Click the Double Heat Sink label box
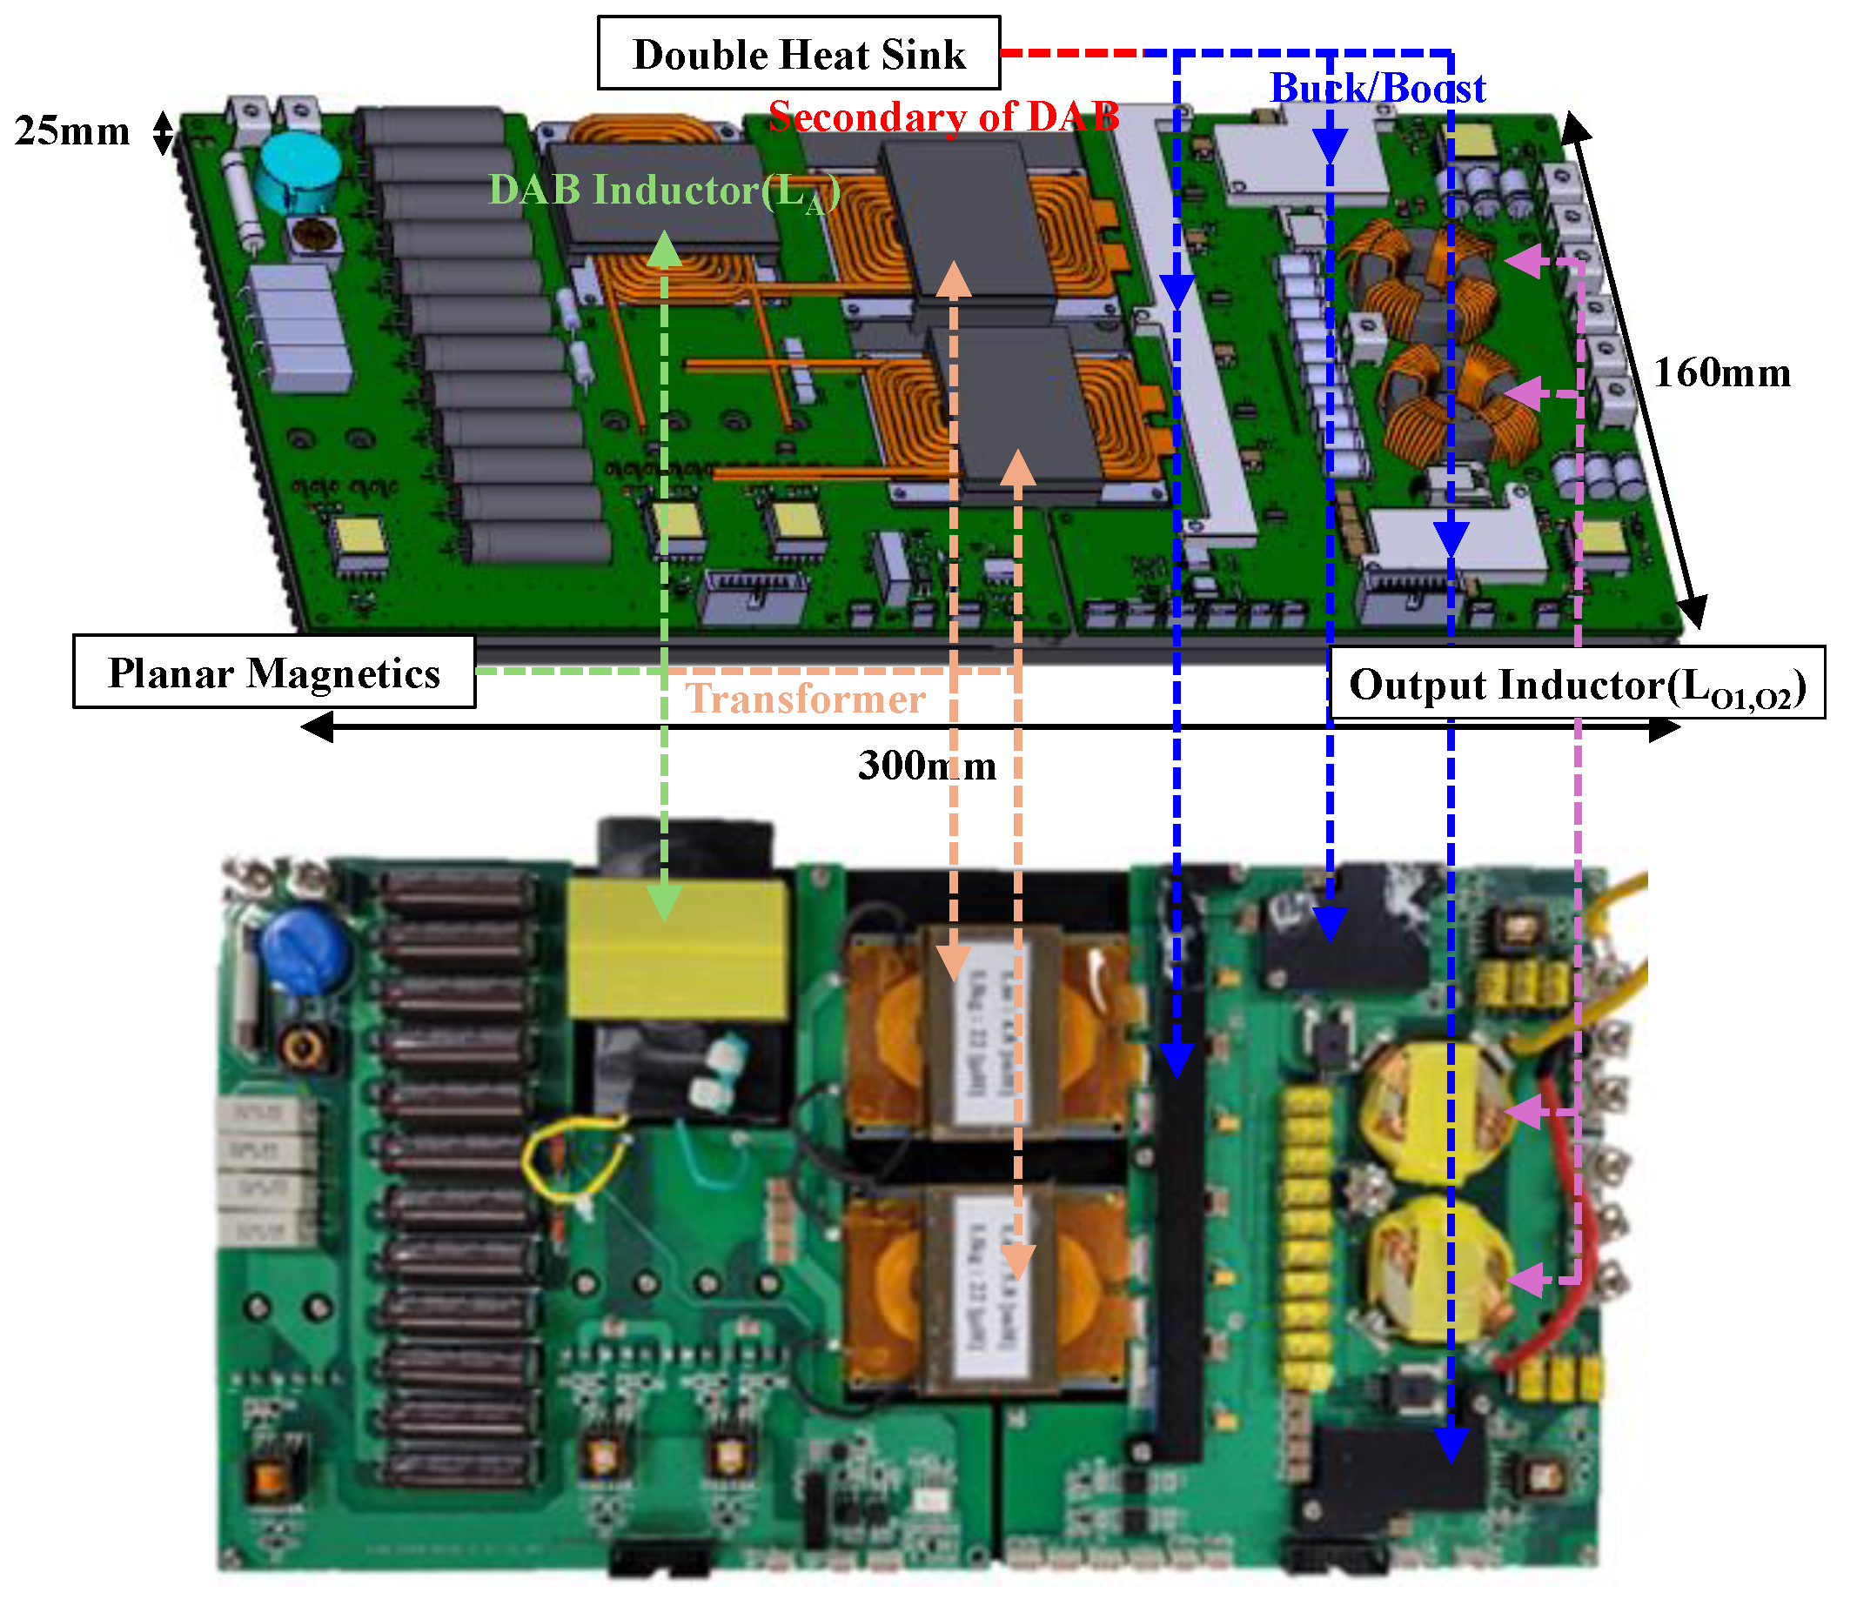(799, 54)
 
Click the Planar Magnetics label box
(273, 673)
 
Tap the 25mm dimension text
(71, 131)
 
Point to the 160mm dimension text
(1721, 373)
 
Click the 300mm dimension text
(926, 766)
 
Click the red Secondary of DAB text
(942, 117)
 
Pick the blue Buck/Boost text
(1378, 89)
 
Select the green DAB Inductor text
(663, 191)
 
